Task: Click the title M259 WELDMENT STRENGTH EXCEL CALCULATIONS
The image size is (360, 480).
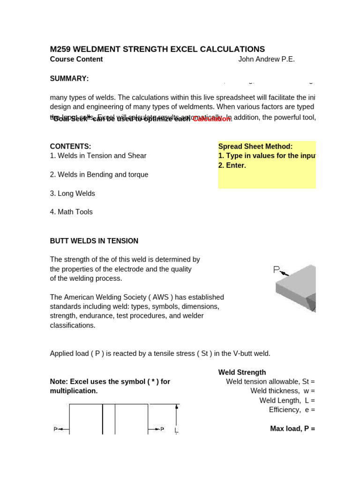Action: [157, 49]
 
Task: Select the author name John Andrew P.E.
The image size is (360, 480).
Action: [266, 60]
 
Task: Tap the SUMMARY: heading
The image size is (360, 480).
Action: [69, 79]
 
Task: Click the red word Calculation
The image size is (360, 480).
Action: [212, 119]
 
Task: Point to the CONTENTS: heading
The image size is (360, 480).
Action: [70, 147]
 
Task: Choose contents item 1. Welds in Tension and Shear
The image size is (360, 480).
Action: [98, 156]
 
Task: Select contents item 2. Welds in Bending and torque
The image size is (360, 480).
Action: [99, 175]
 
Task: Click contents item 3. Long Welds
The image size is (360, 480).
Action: [72, 194]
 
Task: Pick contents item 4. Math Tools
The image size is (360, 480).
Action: [71, 212]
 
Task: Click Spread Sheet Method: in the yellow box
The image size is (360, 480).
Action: [255, 147]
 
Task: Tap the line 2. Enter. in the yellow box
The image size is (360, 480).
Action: [232, 165]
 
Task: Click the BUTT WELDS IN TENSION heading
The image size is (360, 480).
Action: [94, 241]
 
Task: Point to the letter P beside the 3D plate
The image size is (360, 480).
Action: [277, 270]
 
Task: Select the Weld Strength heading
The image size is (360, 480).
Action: [242, 373]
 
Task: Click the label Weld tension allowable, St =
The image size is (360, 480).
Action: [270, 382]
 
